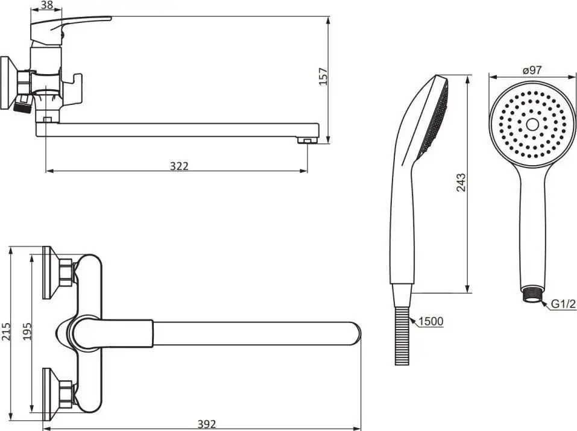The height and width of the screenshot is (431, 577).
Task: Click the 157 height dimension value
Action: point(323,77)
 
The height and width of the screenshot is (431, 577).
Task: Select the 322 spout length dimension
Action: point(179,166)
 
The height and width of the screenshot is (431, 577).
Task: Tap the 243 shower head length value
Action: point(461,182)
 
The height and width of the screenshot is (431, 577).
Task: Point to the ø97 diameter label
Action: point(532,70)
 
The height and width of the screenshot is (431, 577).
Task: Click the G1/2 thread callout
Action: point(563,304)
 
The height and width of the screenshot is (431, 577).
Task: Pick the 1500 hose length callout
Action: point(431,321)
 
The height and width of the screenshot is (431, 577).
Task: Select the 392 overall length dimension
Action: point(207,424)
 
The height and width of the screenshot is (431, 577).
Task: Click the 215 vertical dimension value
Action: point(6,332)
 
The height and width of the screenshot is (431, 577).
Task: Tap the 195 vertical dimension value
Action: point(28,332)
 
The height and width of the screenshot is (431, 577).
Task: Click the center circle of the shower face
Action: point(532,124)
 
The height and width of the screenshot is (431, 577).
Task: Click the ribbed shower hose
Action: point(402,336)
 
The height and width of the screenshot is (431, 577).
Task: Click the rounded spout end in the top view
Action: point(354,335)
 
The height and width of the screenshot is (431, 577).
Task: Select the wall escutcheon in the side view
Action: point(8,83)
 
